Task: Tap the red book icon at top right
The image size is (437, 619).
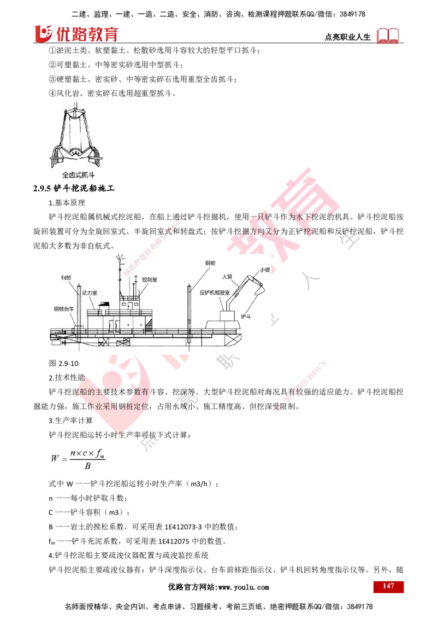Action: tap(388, 36)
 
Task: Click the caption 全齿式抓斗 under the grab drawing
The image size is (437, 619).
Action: tap(79, 176)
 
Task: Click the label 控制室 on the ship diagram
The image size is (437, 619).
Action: tap(149, 279)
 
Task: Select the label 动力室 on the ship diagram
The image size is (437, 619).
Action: tap(89, 293)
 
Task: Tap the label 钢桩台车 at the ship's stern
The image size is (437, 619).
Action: tap(64, 309)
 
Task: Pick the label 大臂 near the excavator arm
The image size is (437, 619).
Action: tap(227, 277)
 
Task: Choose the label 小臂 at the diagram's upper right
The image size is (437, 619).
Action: tap(264, 270)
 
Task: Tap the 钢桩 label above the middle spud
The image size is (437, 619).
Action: tap(211, 263)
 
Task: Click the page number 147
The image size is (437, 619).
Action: tap(388, 586)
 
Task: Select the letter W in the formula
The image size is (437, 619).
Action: tap(55, 459)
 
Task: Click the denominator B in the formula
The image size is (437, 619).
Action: tap(87, 466)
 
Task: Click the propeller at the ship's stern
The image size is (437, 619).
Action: tap(63, 342)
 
